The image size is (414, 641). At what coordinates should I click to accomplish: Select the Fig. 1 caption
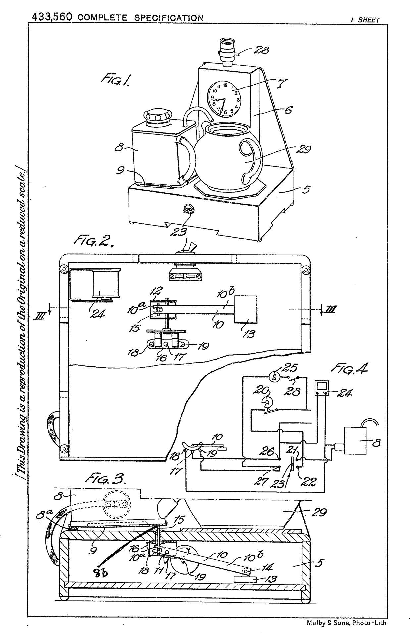pos(115,80)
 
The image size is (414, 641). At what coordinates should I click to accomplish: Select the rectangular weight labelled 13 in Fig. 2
pos(245,309)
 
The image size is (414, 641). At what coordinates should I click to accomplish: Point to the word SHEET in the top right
pos(369,20)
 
